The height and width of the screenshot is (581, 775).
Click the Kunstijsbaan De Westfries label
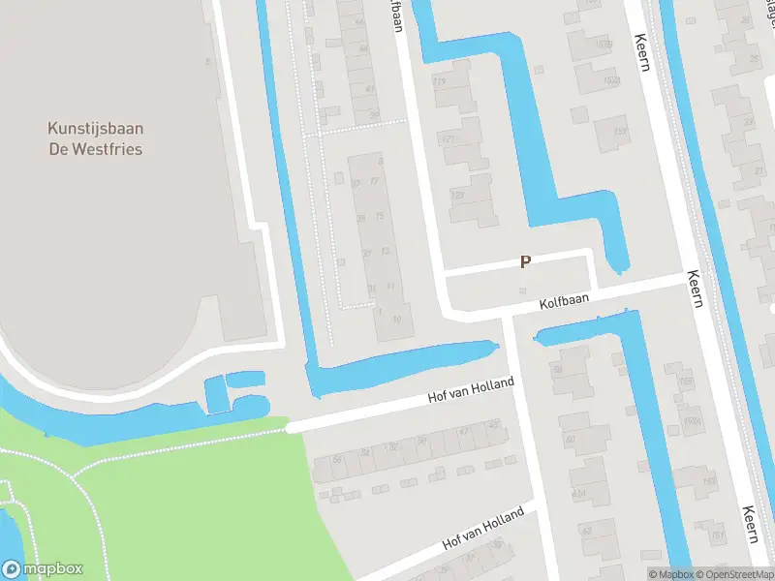pos(95,138)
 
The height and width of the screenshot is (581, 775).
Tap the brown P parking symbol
pos(526,261)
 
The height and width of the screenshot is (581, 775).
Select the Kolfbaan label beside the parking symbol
pos(564,304)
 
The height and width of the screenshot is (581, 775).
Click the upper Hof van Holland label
pos(471,392)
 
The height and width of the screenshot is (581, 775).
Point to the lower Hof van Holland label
pos(482,528)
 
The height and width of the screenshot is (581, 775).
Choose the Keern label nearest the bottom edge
pos(749,524)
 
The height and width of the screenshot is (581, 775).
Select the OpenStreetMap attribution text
pos(735,574)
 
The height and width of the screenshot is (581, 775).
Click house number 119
pos(439,81)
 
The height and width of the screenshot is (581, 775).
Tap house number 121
pos(448,139)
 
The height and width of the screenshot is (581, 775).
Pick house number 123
pos(456,196)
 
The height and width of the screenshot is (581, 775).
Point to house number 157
pos(619,132)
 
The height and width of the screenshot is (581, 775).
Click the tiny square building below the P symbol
pos(523,290)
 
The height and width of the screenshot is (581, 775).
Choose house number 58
pos(558,370)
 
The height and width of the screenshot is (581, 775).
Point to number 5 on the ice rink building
pos(207,62)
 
